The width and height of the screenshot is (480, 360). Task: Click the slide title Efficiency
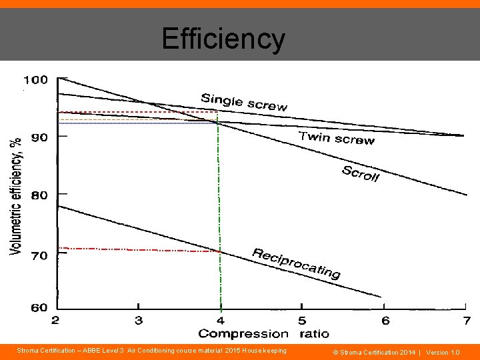(223, 39)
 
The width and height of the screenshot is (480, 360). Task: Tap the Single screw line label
(244, 102)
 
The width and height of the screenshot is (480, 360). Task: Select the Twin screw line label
(336, 137)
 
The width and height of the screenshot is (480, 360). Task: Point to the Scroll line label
(360, 173)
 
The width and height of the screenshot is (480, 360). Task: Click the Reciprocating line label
(296, 263)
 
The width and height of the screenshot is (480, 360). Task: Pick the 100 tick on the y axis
(36, 80)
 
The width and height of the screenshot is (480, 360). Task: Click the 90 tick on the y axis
(39, 137)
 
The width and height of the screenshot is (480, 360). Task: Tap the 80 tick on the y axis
(39, 195)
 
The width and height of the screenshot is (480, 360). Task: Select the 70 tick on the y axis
(39, 255)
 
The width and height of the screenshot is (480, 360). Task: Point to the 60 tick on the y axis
(39, 307)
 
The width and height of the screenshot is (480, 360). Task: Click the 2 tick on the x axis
(55, 321)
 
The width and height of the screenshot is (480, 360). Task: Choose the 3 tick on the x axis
(138, 321)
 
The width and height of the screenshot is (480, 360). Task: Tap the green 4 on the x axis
(220, 321)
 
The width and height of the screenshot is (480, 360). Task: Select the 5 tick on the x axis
(302, 321)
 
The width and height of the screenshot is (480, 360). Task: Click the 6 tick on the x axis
(385, 321)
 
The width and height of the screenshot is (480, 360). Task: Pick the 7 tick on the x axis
(467, 321)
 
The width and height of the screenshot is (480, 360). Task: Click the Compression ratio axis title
(263, 333)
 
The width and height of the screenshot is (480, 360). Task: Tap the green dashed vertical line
(218, 213)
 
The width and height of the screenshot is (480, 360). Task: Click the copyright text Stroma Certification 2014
(377, 351)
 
